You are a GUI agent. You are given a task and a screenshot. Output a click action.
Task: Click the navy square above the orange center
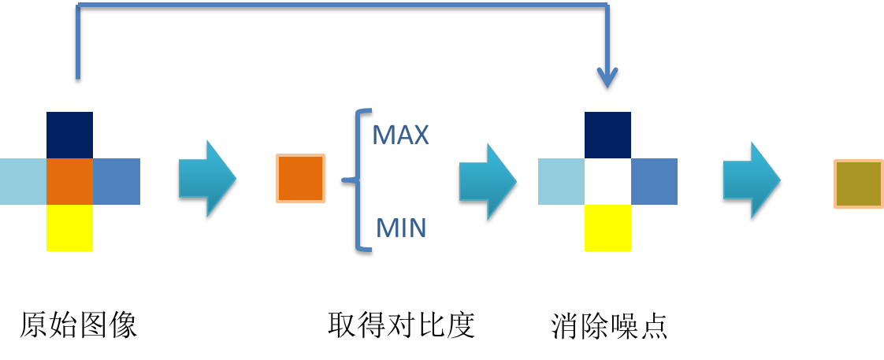(x=69, y=135)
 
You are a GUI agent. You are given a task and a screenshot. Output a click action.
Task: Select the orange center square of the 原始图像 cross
(x=69, y=181)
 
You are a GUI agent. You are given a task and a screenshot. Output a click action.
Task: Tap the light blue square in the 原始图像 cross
(x=23, y=181)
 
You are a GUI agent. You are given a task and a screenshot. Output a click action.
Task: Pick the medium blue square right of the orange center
(x=117, y=181)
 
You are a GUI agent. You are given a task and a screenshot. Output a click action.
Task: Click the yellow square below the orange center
(x=69, y=228)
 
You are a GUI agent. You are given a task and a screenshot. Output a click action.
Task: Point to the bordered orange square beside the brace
(x=300, y=178)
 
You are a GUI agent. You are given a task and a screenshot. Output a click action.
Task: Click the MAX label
(x=400, y=135)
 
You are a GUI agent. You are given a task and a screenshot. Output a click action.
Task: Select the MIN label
(x=400, y=228)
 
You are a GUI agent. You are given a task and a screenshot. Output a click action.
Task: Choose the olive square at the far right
(x=858, y=184)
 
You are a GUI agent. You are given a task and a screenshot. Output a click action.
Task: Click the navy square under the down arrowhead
(x=607, y=135)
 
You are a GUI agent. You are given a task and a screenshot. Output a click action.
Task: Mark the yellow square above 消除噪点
(x=607, y=228)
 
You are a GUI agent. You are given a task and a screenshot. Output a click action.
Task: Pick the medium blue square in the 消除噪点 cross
(x=654, y=181)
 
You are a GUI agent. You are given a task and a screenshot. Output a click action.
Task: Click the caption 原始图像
(x=78, y=325)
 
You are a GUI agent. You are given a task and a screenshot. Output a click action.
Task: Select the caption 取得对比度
(x=401, y=325)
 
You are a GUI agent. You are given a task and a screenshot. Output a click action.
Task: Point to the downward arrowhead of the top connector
(x=607, y=79)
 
